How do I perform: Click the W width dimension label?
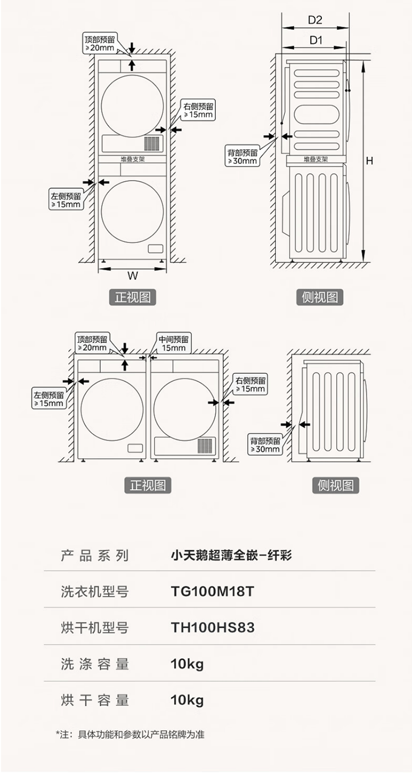point(132,276)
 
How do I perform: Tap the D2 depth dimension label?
point(315,20)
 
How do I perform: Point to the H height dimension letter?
point(369,161)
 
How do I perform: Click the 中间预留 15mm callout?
point(174,343)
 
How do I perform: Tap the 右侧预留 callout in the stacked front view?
point(198,110)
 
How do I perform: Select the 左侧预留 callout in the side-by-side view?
point(49,399)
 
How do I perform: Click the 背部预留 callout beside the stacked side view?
point(243,157)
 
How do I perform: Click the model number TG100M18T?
point(212,592)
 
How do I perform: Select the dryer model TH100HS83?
point(213,628)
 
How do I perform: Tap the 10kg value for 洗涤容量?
point(187,664)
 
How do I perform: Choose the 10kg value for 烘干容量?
point(187,700)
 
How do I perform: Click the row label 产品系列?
point(94,555)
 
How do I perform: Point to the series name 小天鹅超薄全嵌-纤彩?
point(231,555)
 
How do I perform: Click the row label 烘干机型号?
point(94,628)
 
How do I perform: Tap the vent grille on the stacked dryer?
point(151,144)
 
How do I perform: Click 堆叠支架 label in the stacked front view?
point(132,159)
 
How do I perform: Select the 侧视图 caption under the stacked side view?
point(320,297)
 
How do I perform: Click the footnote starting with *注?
point(130,735)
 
